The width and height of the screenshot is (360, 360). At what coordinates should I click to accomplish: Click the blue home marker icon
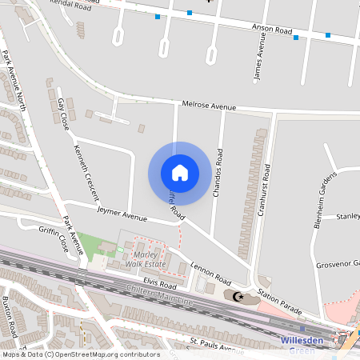(180, 173)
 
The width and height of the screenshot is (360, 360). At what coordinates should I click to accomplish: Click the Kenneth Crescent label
(86, 170)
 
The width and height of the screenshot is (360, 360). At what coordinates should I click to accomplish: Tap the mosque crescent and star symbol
(237, 297)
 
